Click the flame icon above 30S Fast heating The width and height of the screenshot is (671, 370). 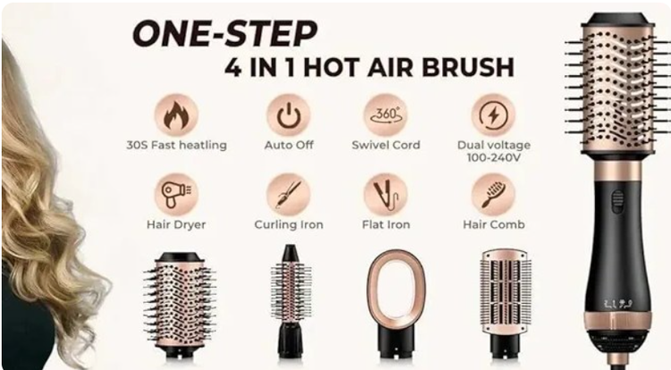[176, 115]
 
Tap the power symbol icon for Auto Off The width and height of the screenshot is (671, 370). [288, 115]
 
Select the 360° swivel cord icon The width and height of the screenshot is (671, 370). [386, 115]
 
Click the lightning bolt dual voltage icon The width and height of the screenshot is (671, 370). [493, 115]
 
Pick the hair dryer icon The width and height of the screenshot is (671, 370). [176, 195]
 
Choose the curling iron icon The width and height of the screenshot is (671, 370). [288, 195]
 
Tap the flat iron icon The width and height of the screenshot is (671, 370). [386, 195]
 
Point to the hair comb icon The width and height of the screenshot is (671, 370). [493, 195]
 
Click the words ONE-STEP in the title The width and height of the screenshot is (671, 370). [225, 33]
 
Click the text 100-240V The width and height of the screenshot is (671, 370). [493, 157]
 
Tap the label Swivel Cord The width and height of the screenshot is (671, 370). [386, 145]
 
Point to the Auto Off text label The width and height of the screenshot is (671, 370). [288, 145]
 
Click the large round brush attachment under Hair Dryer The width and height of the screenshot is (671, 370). [179, 301]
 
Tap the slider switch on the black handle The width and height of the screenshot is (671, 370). [617, 201]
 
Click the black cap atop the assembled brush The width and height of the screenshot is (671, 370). [616, 20]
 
